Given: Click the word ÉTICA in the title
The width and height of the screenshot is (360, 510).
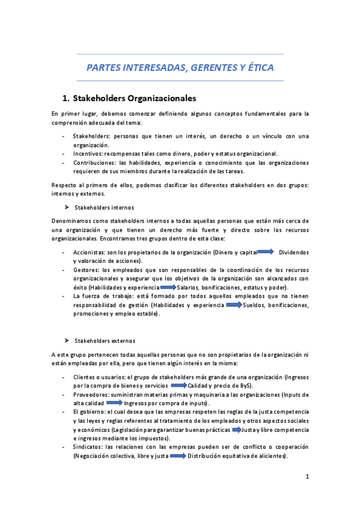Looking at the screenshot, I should (x=259, y=68).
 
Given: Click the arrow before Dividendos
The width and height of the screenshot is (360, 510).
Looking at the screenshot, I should (x=265, y=252).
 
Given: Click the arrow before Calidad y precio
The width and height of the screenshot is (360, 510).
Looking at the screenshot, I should (x=179, y=385).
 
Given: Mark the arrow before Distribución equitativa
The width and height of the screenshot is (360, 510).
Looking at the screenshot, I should (x=178, y=456).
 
